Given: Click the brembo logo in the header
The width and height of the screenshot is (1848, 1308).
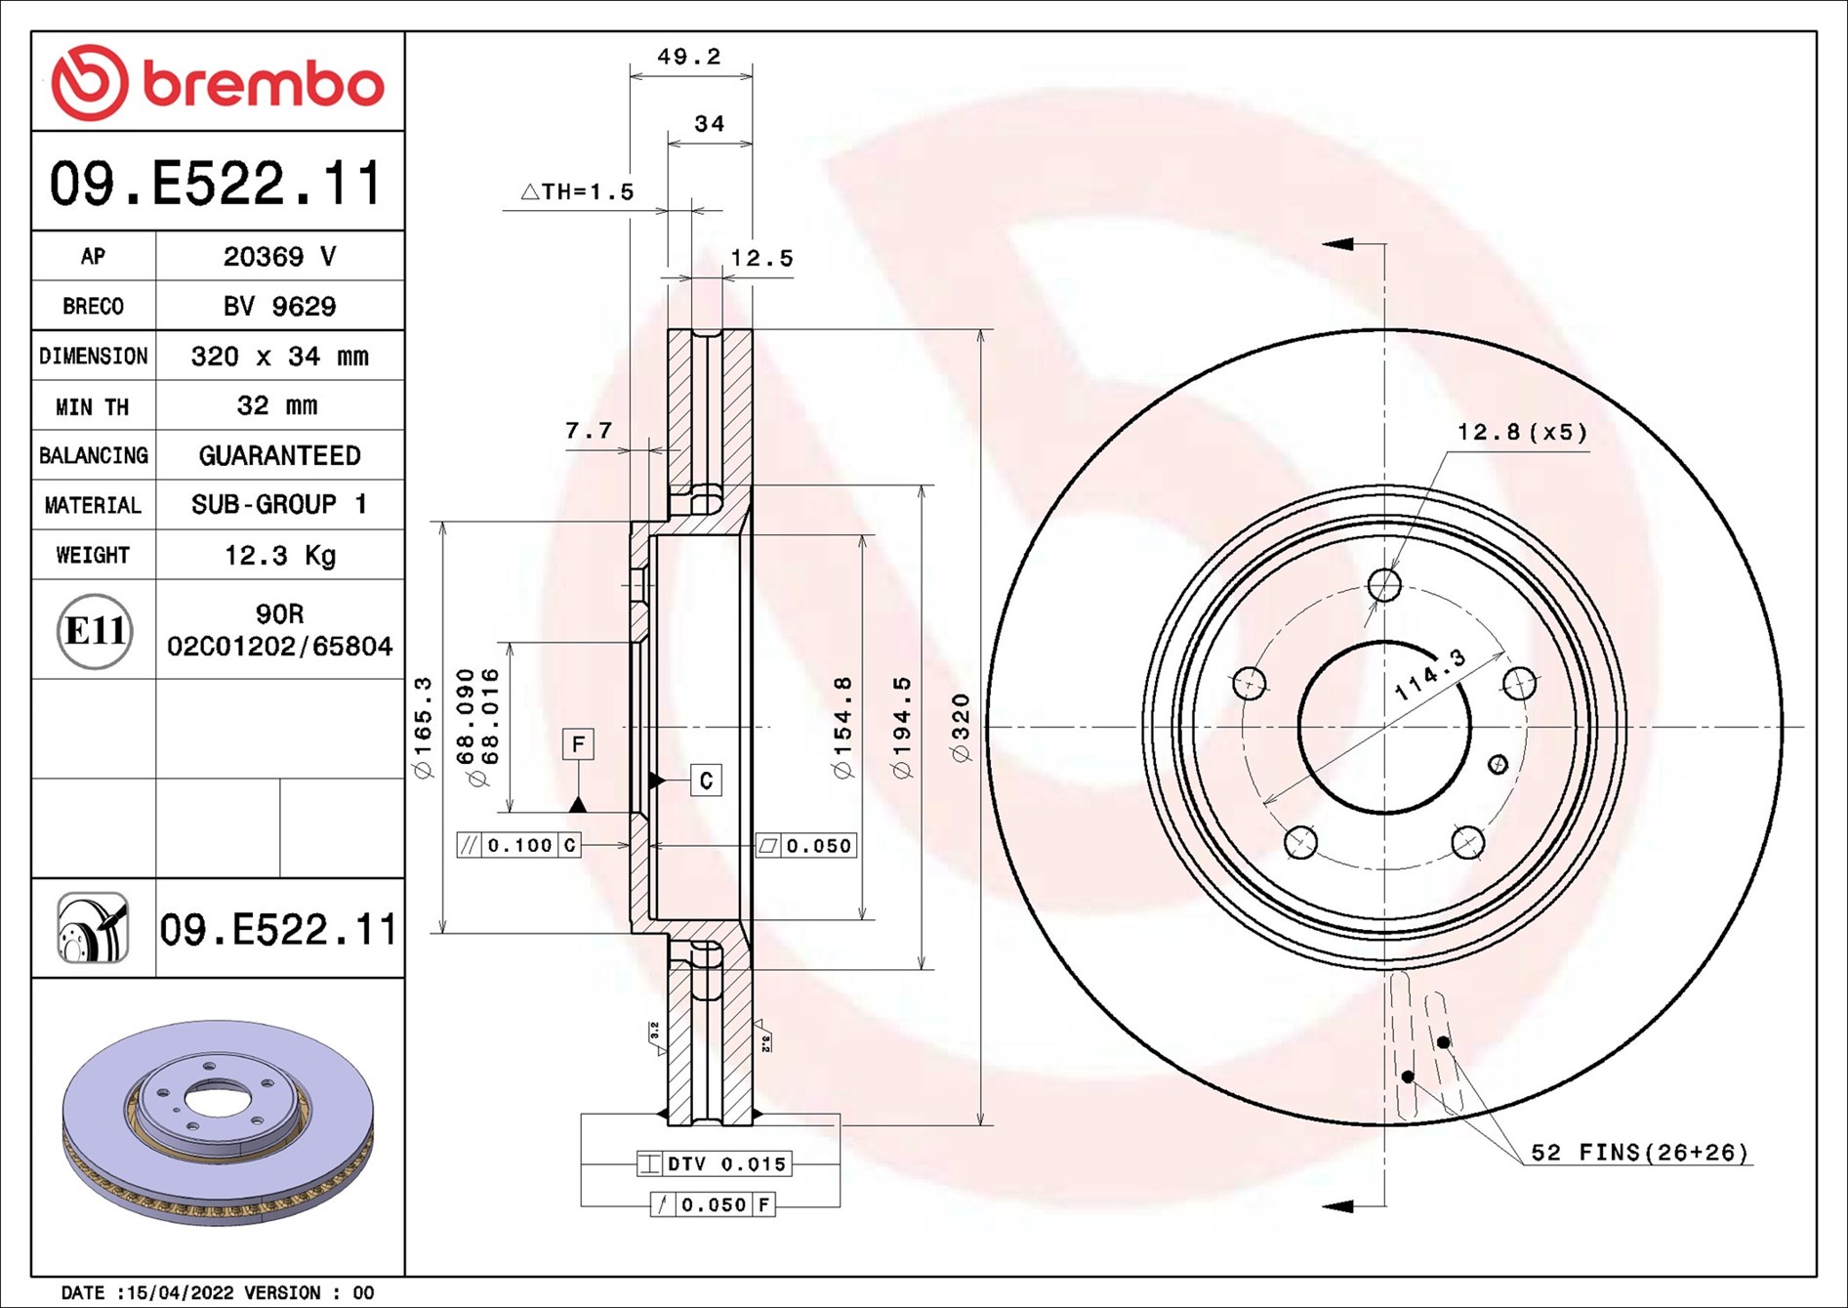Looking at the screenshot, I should (x=218, y=82).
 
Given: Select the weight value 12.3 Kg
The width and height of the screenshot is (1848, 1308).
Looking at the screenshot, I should (x=279, y=555).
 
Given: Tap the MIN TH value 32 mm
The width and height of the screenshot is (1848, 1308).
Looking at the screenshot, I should (x=277, y=405).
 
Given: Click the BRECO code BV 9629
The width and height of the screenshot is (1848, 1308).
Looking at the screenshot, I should (x=279, y=306).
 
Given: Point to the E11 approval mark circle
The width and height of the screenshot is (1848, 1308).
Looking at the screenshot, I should (x=94, y=631).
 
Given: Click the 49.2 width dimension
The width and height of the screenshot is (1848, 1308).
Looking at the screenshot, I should (x=689, y=57).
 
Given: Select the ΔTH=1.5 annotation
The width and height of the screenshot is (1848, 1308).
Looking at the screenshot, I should (x=577, y=191).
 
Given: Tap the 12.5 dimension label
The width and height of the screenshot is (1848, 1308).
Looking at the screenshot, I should (x=761, y=259).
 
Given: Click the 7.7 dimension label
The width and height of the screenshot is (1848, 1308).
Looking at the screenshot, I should (x=589, y=431).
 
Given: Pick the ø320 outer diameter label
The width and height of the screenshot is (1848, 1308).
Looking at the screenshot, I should (x=961, y=727).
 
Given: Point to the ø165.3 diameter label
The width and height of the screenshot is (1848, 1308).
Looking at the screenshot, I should (x=423, y=727).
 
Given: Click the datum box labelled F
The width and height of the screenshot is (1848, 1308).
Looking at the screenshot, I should (x=578, y=744).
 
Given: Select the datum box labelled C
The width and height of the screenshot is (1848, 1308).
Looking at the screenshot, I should (x=706, y=780).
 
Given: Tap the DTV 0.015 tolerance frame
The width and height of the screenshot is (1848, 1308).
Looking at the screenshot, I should (x=715, y=1163).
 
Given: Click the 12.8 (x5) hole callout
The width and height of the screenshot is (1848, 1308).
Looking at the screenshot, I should (x=1522, y=432).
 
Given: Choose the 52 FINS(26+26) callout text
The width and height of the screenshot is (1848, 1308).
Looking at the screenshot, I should (x=1639, y=1153).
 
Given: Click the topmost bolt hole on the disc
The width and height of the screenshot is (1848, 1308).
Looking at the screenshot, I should (x=1384, y=585).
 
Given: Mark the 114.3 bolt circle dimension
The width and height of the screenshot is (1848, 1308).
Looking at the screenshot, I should (x=1429, y=674).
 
